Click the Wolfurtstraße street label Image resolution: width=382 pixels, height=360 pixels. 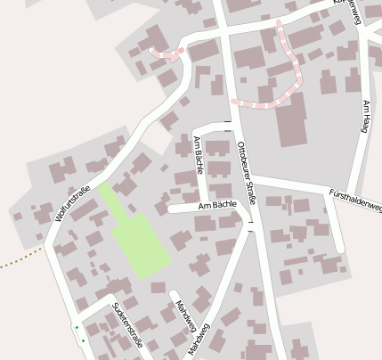coord(74,201)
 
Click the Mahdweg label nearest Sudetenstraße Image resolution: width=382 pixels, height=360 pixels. coord(184,312)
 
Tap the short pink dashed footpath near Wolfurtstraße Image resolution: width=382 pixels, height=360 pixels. coord(165,53)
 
